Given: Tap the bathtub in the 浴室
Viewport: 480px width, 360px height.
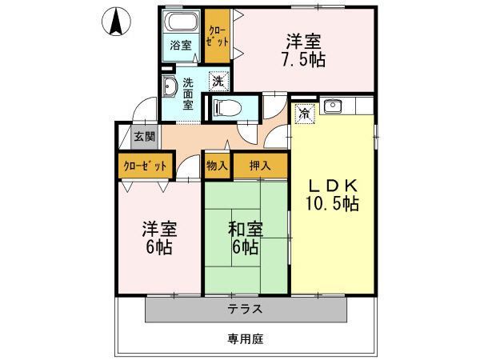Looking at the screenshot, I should (182, 22).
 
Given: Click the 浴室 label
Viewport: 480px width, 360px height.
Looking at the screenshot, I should (181, 46).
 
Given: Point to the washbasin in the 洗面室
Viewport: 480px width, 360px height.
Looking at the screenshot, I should (170, 87).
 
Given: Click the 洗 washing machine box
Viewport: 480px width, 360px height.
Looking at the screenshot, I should (218, 80).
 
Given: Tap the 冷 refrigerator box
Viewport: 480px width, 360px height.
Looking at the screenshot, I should (305, 114).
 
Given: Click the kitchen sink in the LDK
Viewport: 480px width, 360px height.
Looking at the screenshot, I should (334, 106).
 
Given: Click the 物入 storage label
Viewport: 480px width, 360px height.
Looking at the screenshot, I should (217, 166).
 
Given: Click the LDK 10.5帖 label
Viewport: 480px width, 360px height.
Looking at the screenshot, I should (332, 194).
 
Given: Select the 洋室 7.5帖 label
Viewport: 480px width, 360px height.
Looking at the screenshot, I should (306, 50).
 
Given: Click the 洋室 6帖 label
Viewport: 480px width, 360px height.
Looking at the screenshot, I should (157, 238).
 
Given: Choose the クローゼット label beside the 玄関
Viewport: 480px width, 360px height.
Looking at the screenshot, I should (146, 166).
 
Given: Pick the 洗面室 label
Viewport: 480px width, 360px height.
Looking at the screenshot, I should (188, 93).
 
